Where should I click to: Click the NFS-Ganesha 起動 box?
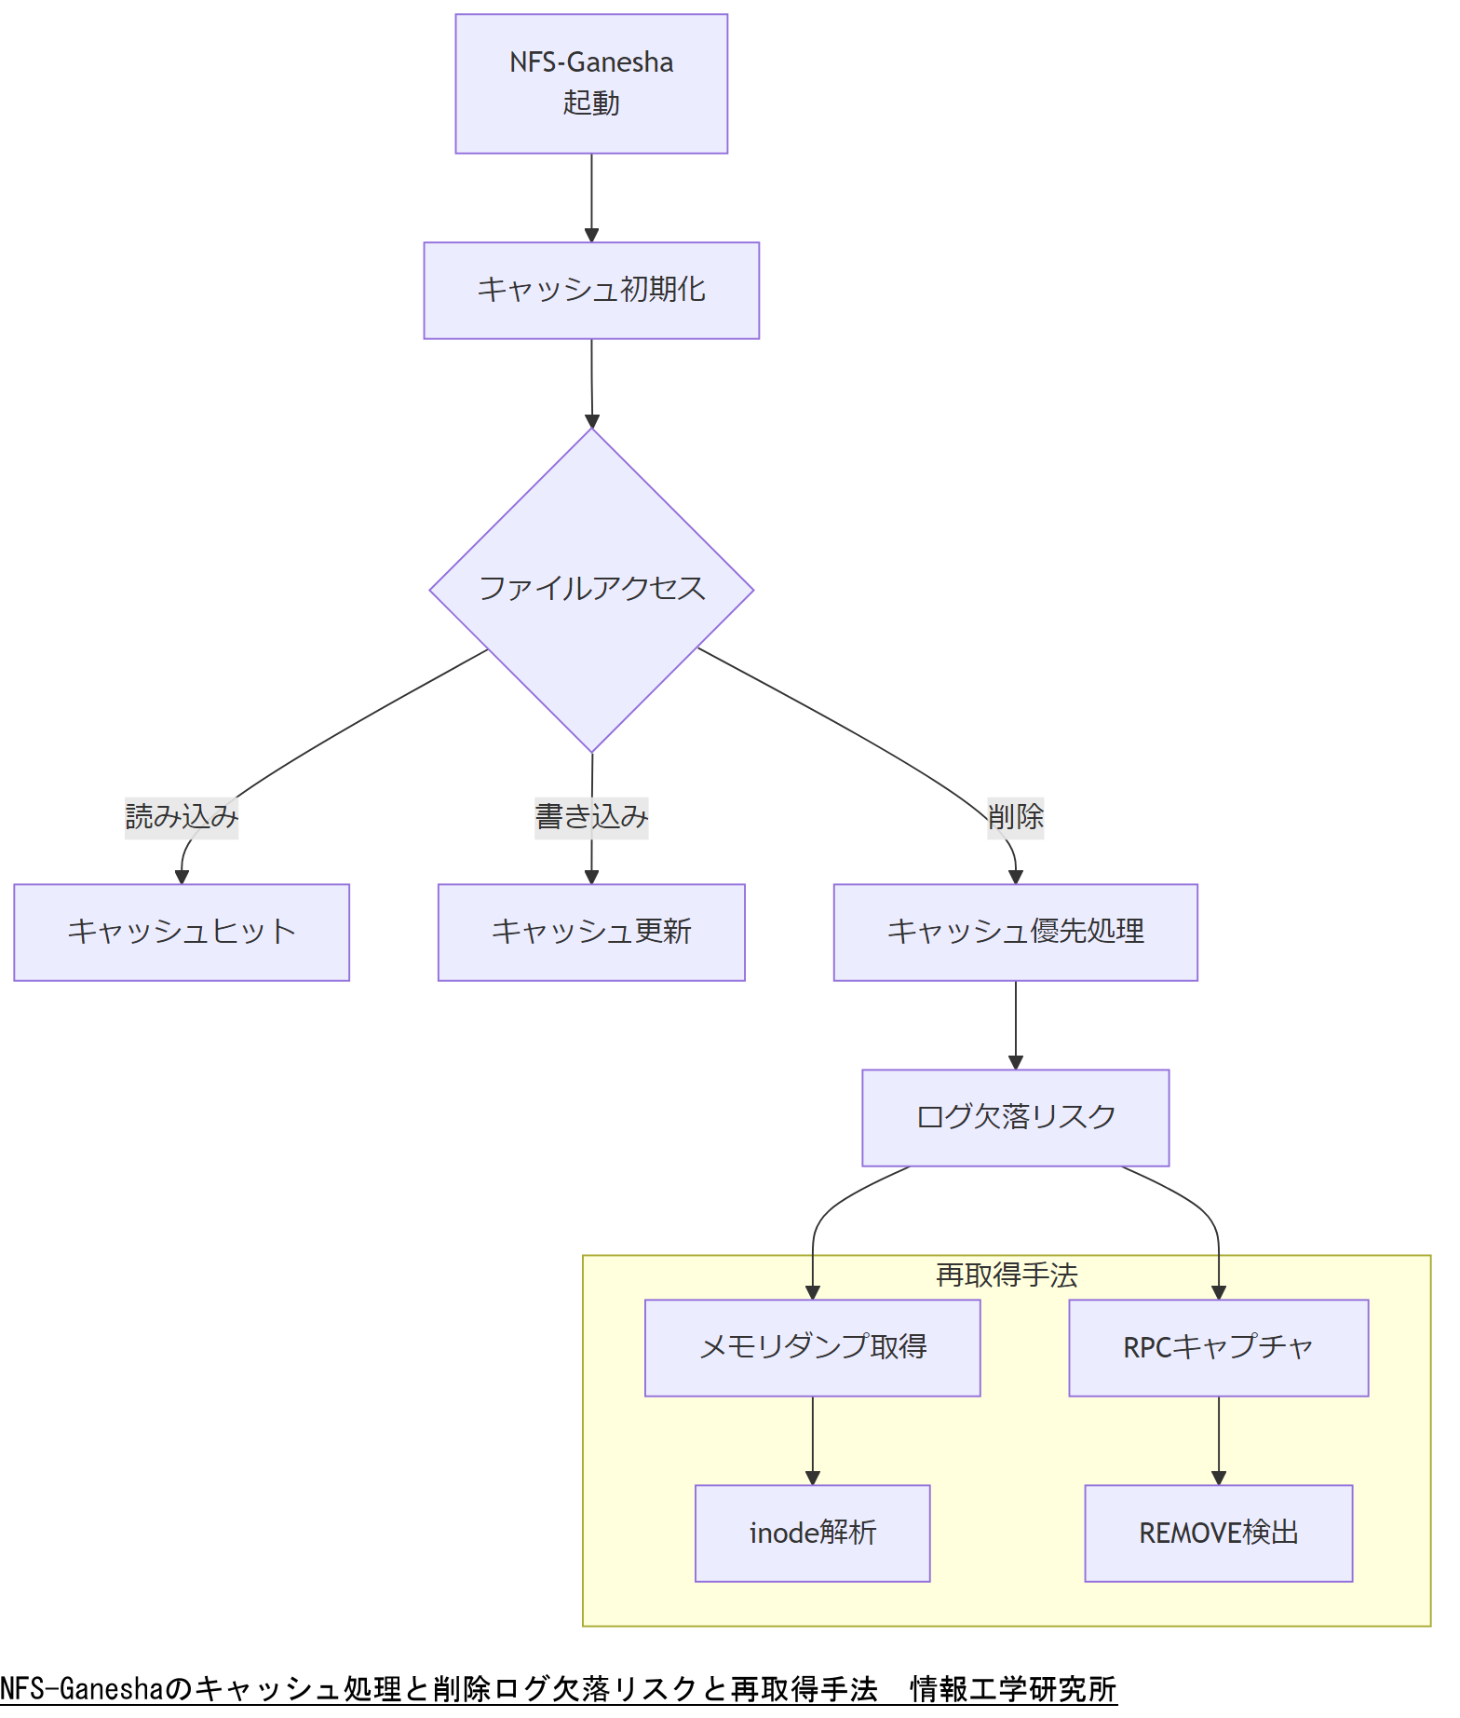click(x=591, y=84)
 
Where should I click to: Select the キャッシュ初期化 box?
click(x=591, y=291)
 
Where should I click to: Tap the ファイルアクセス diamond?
click(x=591, y=590)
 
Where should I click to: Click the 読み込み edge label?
click(x=182, y=817)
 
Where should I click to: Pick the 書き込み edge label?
click(x=591, y=817)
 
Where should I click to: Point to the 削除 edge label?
click(x=1015, y=817)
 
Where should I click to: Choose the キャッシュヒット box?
click(x=182, y=932)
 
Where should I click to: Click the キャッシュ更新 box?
click(x=591, y=932)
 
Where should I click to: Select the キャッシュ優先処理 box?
click(x=1015, y=932)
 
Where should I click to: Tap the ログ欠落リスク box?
click(x=1015, y=1117)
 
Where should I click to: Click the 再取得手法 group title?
click(x=1007, y=1275)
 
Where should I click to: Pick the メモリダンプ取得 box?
click(x=812, y=1347)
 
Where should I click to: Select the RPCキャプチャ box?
click(x=1218, y=1347)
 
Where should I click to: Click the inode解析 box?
click(x=812, y=1533)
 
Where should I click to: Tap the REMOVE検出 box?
click(x=1218, y=1533)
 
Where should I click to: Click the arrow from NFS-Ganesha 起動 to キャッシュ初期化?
click(x=591, y=198)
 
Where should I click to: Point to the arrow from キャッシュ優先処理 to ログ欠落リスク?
click(x=1015, y=1025)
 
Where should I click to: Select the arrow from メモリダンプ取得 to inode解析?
click(x=812, y=1439)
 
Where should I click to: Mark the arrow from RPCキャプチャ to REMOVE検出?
click(x=1218, y=1439)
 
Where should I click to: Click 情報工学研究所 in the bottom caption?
click(x=1013, y=1688)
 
